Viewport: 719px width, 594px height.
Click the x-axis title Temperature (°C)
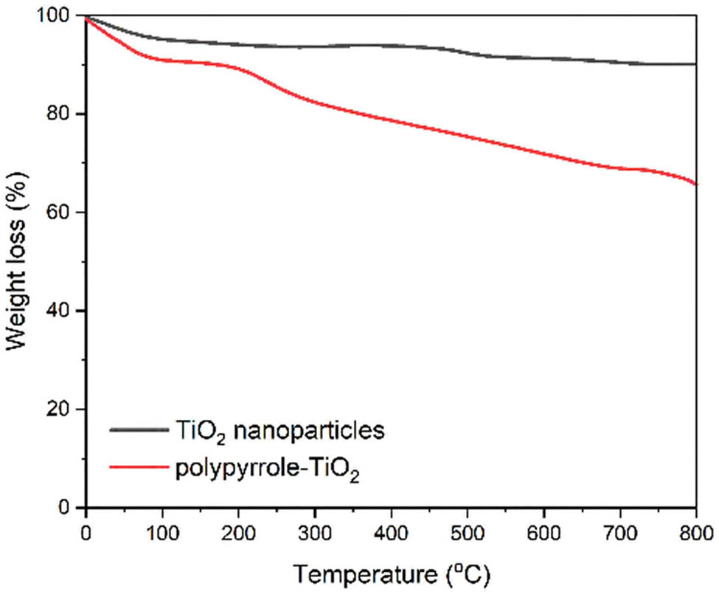(x=390, y=573)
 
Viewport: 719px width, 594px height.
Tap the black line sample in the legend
(x=140, y=429)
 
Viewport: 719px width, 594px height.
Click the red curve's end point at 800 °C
(x=695, y=184)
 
